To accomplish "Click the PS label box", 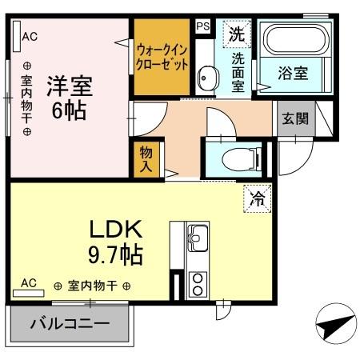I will (x=202, y=26).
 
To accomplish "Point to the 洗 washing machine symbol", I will (x=235, y=34).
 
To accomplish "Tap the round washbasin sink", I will (x=207, y=78).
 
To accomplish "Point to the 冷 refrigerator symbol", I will (x=258, y=194).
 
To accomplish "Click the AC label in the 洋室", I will (x=30, y=35).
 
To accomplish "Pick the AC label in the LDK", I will (x=29, y=282).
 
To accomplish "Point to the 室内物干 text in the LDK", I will (x=93, y=286).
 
